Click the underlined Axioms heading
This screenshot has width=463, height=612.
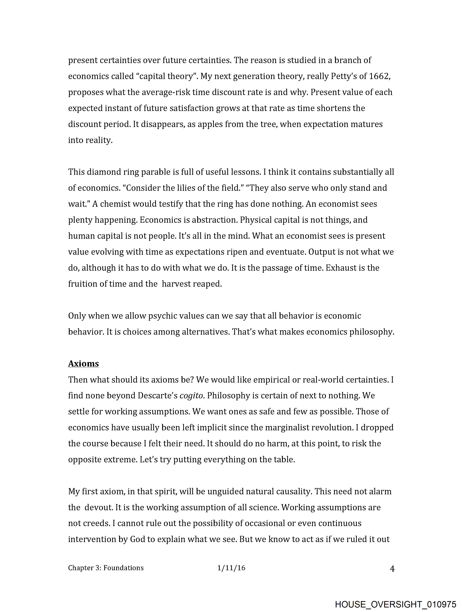click(83, 363)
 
